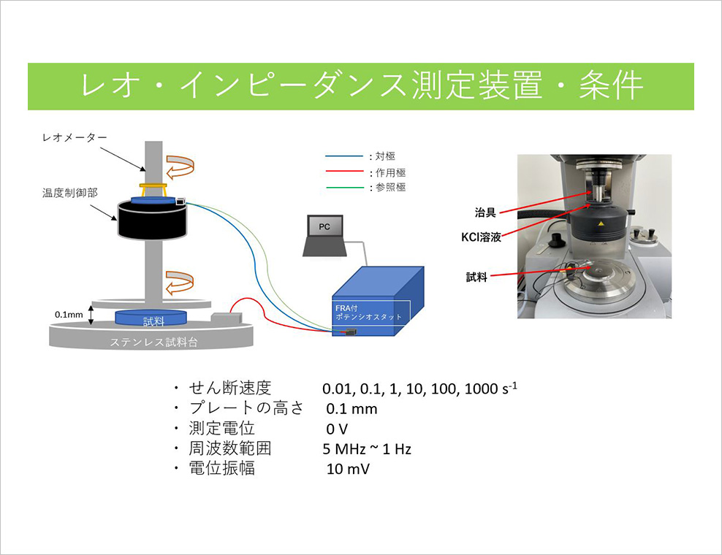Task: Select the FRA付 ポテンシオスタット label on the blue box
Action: (x=368, y=313)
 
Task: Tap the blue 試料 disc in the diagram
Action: (x=151, y=318)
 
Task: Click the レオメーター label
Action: (x=75, y=137)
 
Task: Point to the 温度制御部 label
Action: (x=70, y=193)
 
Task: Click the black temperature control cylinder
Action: (x=152, y=220)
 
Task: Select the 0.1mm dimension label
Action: (x=69, y=315)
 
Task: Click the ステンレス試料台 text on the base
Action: (x=153, y=342)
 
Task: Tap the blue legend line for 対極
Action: (x=344, y=156)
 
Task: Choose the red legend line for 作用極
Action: (x=344, y=172)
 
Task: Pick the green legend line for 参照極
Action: (x=344, y=187)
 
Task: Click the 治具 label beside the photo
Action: (x=485, y=213)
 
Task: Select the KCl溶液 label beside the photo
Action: (x=481, y=237)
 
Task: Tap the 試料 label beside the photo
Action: (x=476, y=277)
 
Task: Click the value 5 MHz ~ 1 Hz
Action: (x=367, y=448)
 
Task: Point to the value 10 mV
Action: (x=348, y=469)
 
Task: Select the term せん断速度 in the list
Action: (x=229, y=388)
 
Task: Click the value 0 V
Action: (x=337, y=429)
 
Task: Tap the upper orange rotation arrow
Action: (x=180, y=167)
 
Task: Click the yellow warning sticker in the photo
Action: (x=600, y=224)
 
